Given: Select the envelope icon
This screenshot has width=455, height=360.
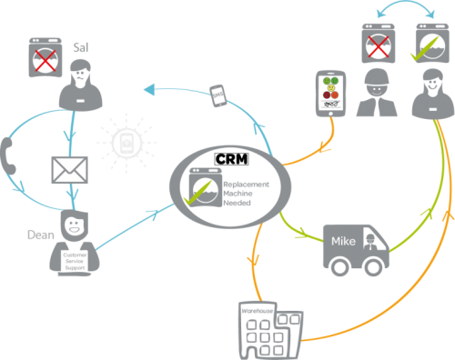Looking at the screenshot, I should [69, 170].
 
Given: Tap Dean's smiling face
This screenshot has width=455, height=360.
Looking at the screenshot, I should [72, 225].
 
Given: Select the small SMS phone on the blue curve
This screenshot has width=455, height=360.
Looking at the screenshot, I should [217, 95].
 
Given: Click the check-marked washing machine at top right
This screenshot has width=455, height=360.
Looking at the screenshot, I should [429, 43].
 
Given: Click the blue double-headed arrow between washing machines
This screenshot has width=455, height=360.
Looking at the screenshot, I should [400, 9].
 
